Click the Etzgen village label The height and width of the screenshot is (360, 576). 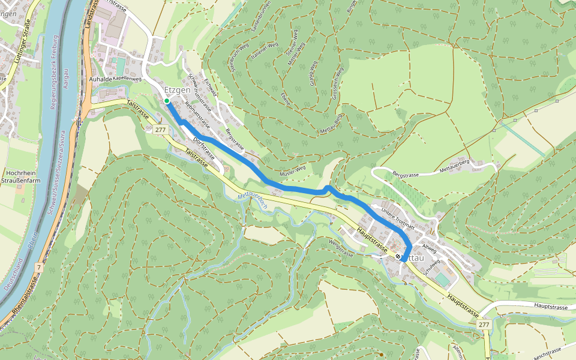pyautogui.click(x=177, y=90)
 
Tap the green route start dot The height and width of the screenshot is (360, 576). pyautogui.click(x=167, y=101)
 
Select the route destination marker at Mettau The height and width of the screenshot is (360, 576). pyautogui.click(x=398, y=257)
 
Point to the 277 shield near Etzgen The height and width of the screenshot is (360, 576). pyautogui.click(x=160, y=130)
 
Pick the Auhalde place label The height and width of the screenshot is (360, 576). pyautogui.click(x=100, y=79)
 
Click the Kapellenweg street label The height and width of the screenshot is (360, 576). pyautogui.click(x=127, y=79)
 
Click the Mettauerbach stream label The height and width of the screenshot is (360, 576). pyautogui.click(x=253, y=200)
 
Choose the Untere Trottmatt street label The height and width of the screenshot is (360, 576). pyautogui.click(x=398, y=217)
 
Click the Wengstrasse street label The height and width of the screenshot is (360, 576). pyautogui.click(x=341, y=246)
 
